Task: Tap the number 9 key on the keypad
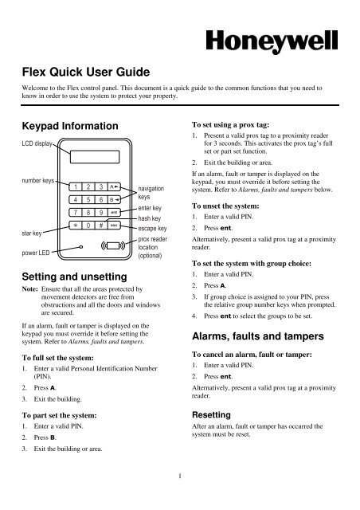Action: click(x=101, y=212)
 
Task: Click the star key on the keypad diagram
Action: click(x=73, y=226)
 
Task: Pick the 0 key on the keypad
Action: click(x=88, y=226)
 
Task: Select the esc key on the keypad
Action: click(x=116, y=226)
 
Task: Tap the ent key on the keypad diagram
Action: click(x=116, y=212)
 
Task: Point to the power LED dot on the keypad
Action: click(x=81, y=247)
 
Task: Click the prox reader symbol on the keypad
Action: click(x=112, y=245)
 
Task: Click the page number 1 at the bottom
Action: click(x=180, y=500)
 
